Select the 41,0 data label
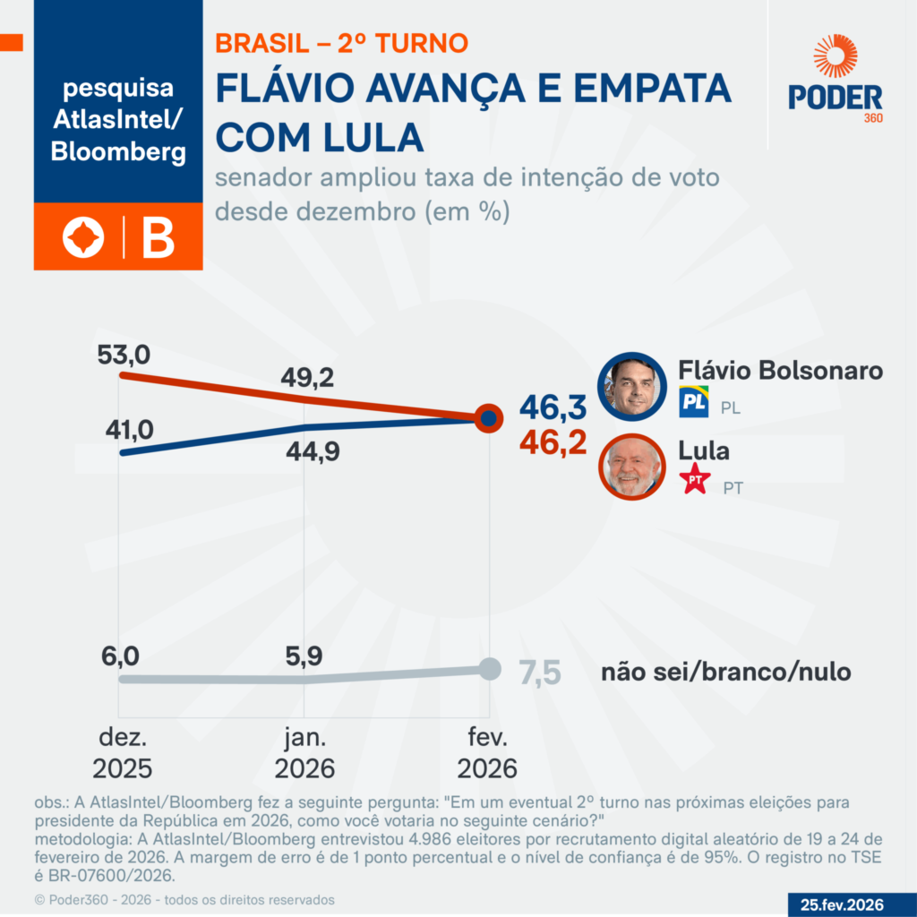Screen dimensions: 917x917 click(x=127, y=430)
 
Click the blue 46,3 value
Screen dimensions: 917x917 click(x=553, y=408)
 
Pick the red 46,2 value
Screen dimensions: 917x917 click(x=553, y=442)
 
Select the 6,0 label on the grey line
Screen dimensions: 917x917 click(x=120, y=656)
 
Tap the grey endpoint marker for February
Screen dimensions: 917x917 click(x=489, y=668)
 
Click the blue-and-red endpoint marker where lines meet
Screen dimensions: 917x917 click(x=488, y=417)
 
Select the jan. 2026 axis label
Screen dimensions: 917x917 click(x=305, y=754)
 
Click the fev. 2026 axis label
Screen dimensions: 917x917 click(x=488, y=754)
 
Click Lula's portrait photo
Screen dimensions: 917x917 click(x=634, y=465)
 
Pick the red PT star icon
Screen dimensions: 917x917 click(x=696, y=481)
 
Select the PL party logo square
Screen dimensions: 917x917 click(x=695, y=402)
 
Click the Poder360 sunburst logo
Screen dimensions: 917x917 click(x=836, y=56)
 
